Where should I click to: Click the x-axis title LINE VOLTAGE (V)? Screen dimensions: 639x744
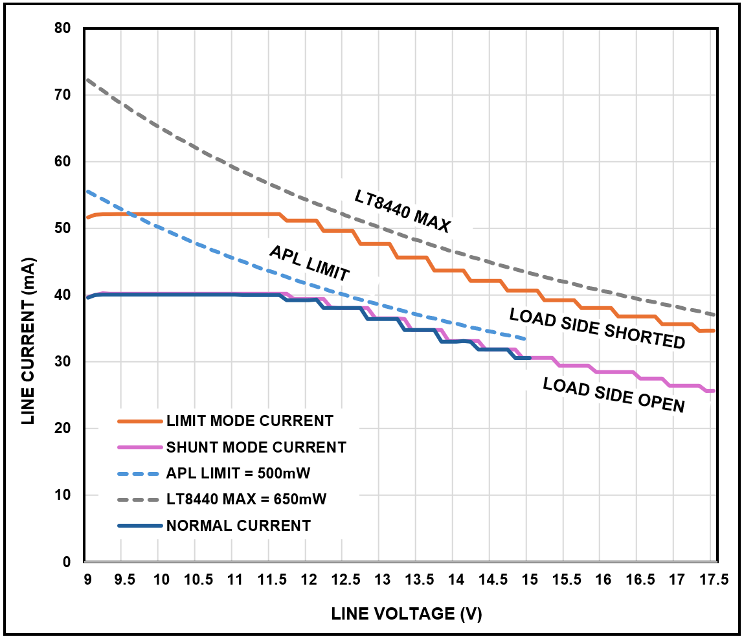click(407, 614)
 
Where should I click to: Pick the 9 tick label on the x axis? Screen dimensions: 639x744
click(87, 578)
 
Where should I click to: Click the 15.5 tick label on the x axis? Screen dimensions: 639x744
click(567, 578)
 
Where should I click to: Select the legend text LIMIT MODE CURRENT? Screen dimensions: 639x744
click(249, 421)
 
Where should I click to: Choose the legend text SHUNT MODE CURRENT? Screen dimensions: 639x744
click(256, 447)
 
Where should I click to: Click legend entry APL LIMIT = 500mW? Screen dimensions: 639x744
click(238, 473)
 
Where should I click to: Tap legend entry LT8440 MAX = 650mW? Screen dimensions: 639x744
click(246, 499)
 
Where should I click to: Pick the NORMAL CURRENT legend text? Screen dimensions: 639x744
click(238, 525)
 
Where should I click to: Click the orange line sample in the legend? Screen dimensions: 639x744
click(139, 421)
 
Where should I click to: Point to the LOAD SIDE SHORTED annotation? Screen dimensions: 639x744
click(597, 328)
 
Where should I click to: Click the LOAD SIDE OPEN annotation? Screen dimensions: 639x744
click(613, 395)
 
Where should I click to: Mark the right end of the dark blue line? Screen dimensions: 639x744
click(530, 357)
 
